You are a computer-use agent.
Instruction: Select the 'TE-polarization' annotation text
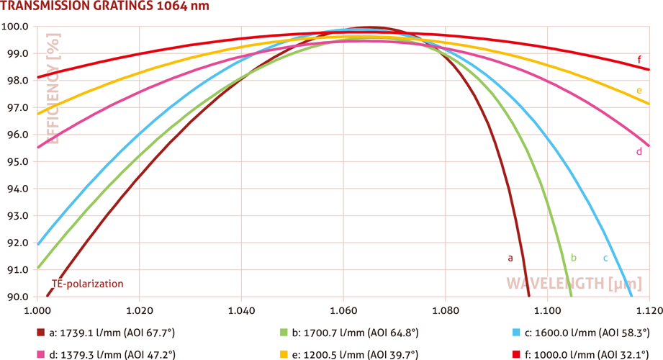coord(87,284)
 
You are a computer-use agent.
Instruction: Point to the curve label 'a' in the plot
coord(510,256)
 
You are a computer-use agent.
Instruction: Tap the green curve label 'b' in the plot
coord(574,256)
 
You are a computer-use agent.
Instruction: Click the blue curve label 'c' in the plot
coord(605,257)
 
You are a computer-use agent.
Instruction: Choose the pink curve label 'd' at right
coord(639,152)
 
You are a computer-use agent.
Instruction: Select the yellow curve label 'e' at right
coord(639,91)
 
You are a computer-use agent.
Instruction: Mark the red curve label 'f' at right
coord(639,59)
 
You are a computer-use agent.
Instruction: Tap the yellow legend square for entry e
coord(284,354)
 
